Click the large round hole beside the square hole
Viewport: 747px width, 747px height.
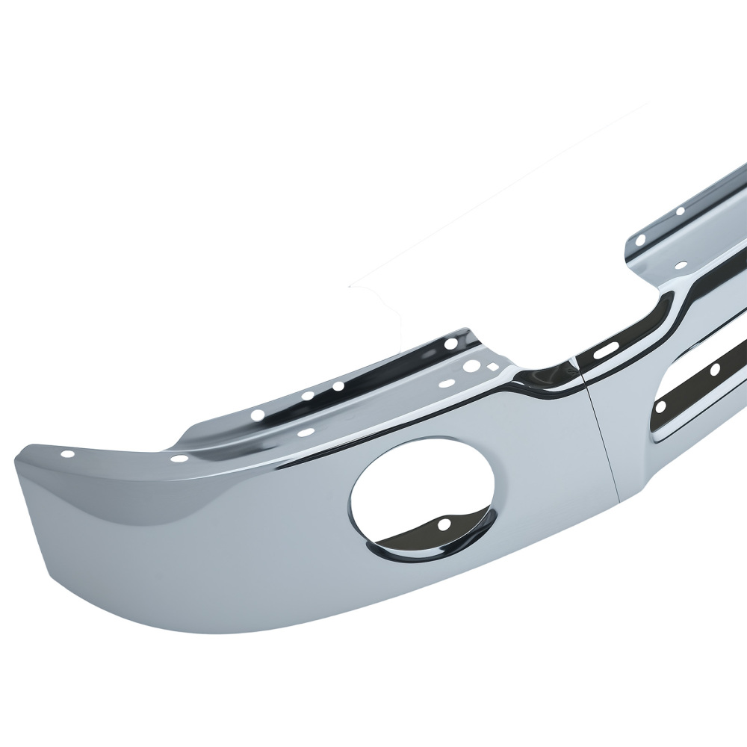pos(472,367)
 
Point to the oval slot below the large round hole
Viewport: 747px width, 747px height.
pos(447,383)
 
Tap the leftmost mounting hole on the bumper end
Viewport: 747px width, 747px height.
pos(69,453)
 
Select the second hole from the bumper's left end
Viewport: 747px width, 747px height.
pos(180,459)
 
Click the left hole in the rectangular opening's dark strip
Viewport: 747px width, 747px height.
pos(661,407)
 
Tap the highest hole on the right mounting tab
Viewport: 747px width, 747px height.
pos(680,212)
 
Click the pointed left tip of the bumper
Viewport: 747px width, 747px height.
pos(16,460)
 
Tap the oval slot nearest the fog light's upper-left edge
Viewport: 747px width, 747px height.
pos(306,432)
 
